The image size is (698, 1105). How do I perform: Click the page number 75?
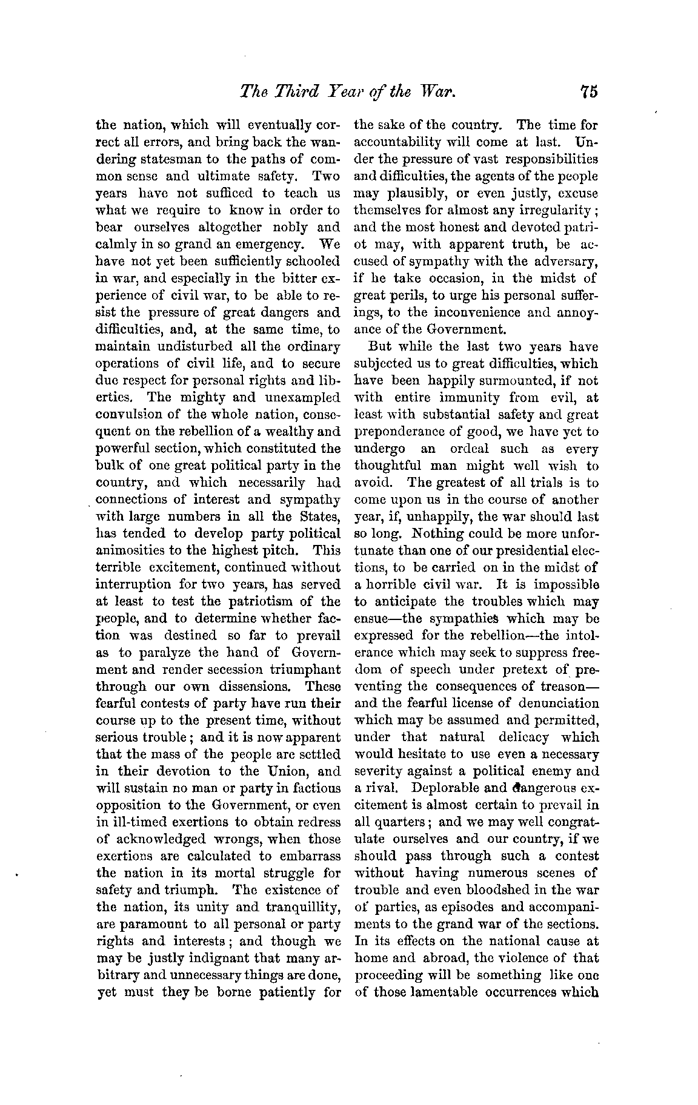click(588, 91)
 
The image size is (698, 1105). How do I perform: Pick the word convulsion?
click(128, 415)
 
